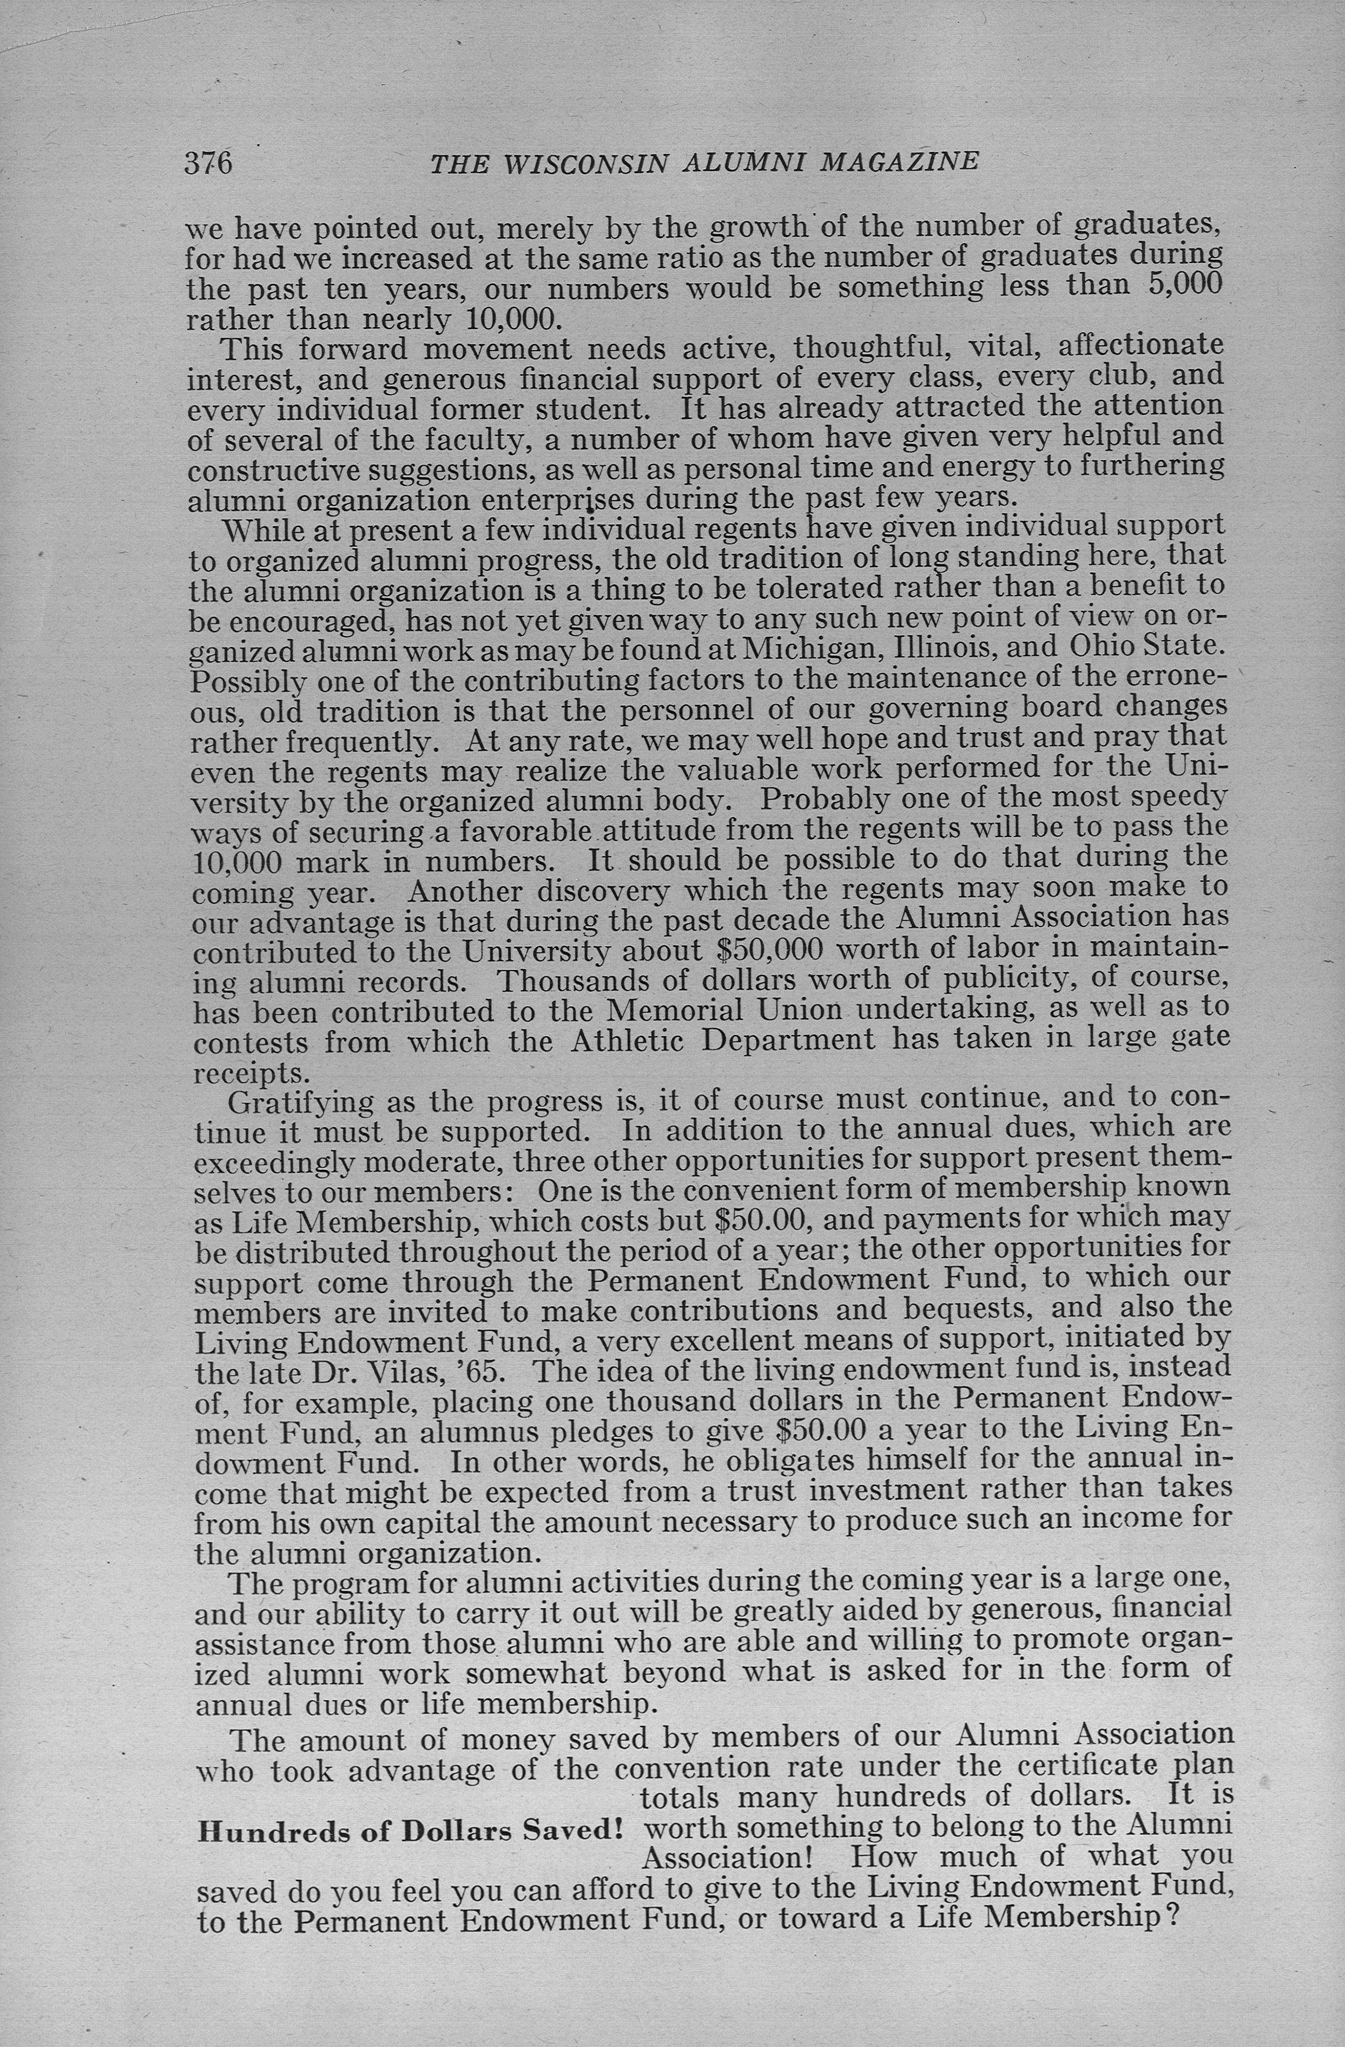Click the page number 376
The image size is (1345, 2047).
click(x=209, y=162)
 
